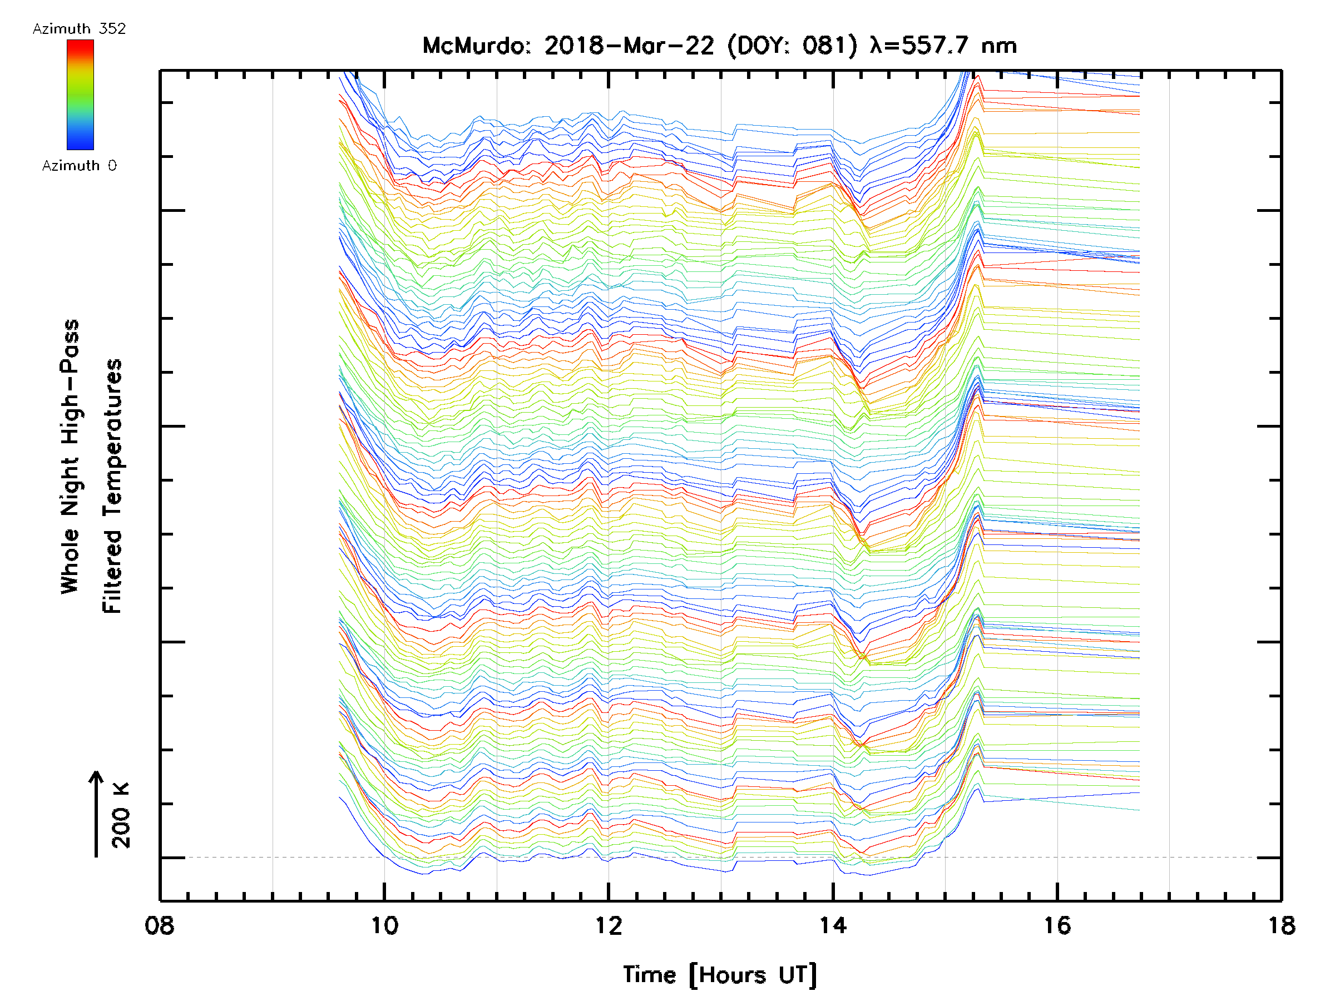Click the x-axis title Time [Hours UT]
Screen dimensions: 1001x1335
[x=720, y=975]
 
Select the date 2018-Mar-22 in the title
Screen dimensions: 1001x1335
[x=629, y=46]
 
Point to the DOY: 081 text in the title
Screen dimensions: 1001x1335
[x=793, y=46]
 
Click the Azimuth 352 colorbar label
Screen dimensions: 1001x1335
[x=79, y=29]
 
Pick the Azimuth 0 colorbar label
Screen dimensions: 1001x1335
[x=79, y=166]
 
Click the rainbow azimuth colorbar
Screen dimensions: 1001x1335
[x=80, y=95]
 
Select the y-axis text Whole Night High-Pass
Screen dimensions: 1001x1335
[x=70, y=457]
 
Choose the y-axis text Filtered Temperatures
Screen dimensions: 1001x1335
[x=112, y=487]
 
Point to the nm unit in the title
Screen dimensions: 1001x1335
[x=1000, y=46]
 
